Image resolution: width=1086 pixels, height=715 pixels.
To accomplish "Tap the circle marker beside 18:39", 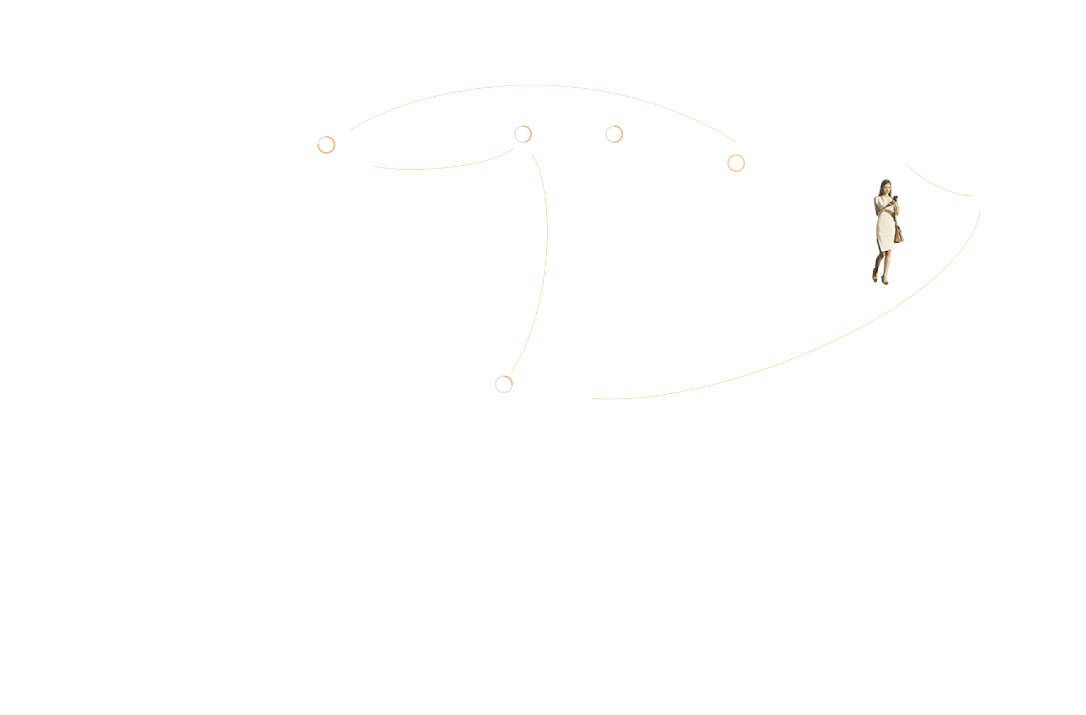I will click(x=326, y=145).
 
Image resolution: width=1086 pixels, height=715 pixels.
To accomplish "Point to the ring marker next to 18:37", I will click(x=523, y=134).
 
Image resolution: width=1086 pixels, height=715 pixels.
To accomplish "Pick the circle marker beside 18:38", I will click(x=614, y=134).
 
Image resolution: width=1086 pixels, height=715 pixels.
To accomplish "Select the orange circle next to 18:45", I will click(x=736, y=163).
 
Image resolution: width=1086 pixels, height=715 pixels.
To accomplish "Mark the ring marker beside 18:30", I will click(x=503, y=384).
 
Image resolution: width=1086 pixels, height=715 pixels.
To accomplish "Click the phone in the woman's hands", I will click(x=895, y=199).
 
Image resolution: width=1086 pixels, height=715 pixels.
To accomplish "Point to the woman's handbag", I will click(x=899, y=233).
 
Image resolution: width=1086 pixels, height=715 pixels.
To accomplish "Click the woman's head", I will click(x=885, y=186).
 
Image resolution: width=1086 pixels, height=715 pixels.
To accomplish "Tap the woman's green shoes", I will click(x=880, y=280).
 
